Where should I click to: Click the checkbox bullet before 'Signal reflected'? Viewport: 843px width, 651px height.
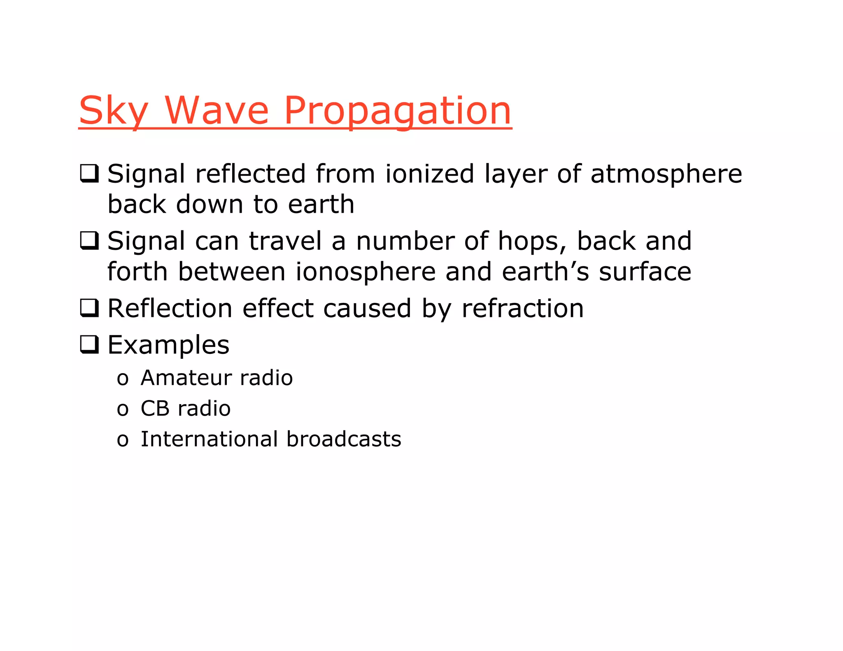(x=89, y=173)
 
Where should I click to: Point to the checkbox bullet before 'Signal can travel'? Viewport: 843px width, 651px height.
(x=89, y=241)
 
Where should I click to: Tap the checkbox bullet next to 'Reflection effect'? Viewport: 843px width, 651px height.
(x=89, y=308)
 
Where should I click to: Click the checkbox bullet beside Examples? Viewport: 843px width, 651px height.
(x=89, y=344)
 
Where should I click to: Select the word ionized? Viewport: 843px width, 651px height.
(x=430, y=173)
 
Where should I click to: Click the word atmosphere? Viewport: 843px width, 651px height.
(x=666, y=173)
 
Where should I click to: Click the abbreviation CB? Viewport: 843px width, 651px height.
(x=155, y=408)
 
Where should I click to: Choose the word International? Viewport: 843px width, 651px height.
(x=209, y=439)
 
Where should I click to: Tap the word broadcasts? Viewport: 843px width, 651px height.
(x=344, y=439)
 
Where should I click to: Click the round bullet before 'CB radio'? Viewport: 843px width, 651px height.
(x=122, y=409)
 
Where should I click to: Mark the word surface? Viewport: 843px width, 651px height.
(x=645, y=272)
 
